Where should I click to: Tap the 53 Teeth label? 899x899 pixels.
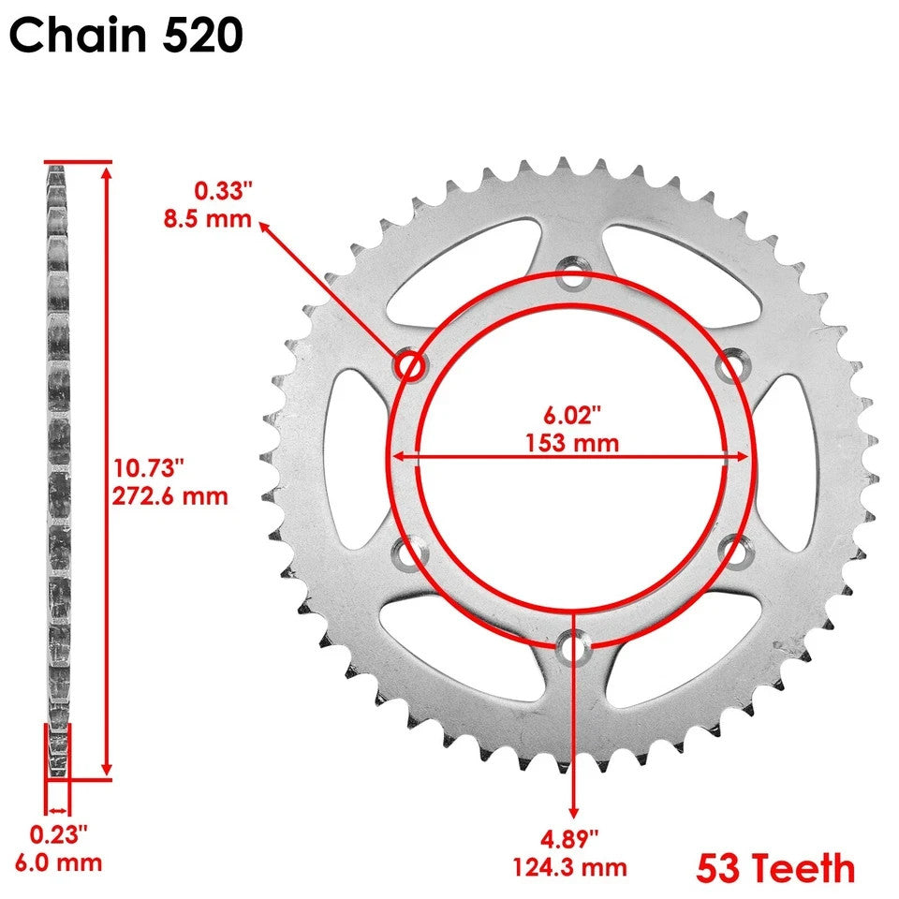point(774,868)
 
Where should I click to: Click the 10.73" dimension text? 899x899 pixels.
point(150,466)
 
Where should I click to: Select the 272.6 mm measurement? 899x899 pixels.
point(170,495)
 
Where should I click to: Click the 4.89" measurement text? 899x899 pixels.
point(573,835)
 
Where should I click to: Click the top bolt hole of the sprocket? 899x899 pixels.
point(572,277)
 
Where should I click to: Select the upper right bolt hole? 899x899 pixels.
point(731,366)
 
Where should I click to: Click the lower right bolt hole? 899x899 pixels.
point(733,553)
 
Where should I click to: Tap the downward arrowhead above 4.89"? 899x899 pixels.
point(572,814)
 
